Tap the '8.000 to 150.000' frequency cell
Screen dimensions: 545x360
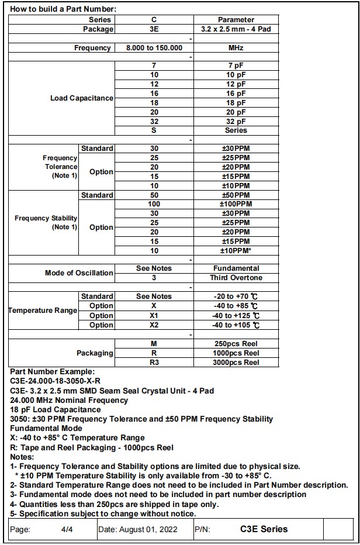pos(154,48)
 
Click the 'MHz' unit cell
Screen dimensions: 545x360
pos(236,48)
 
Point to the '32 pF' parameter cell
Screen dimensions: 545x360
pos(236,121)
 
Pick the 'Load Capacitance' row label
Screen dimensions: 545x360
pos(81,98)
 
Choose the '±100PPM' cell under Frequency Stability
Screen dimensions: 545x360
pos(236,204)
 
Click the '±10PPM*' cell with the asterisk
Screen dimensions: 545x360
pos(236,250)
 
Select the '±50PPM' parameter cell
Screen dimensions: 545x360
pos(236,195)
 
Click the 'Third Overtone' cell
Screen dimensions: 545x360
pos(236,278)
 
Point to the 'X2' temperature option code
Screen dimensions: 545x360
pos(154,325)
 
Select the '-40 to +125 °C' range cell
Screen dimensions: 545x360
pos(236,316)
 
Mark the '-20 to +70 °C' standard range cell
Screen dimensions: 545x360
pos(236,296)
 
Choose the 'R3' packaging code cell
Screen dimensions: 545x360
pos(154,363)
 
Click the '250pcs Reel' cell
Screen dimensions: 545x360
pos(236,344)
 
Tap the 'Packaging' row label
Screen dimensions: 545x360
pos(95,353)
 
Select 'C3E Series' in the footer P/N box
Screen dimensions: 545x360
pos(264,529)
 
